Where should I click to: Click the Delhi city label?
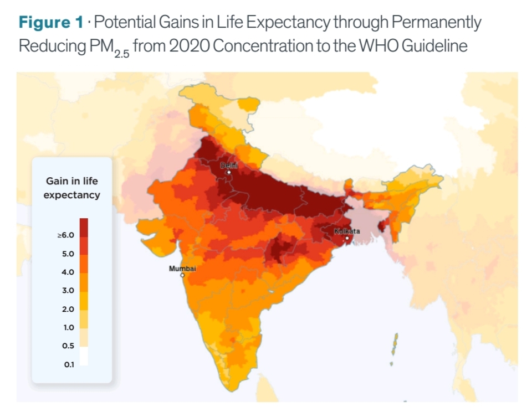click(228, 165)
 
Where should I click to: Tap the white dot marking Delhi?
click(228, 172)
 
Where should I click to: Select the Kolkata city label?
click(347, 230)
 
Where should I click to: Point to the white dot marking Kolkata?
click(347, 238)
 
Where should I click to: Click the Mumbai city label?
click(182, 269)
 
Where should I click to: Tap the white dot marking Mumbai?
click(182, 275)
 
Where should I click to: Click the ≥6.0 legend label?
click(65, 235)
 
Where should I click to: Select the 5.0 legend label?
click(68, 254)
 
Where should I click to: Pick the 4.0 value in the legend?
click(68, 272)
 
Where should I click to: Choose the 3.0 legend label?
click(68, 290)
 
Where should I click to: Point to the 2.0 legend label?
click(68, 308)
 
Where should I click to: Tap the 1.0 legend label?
click(68, 327)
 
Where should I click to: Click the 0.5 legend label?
click(68, 346)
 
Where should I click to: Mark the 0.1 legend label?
click(68, 364)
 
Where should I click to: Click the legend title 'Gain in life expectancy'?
click(72, 188)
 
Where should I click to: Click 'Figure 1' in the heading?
click(51, 23)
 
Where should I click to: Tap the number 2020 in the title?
click(188, 45)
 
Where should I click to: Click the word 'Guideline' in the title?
click(434, 45)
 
